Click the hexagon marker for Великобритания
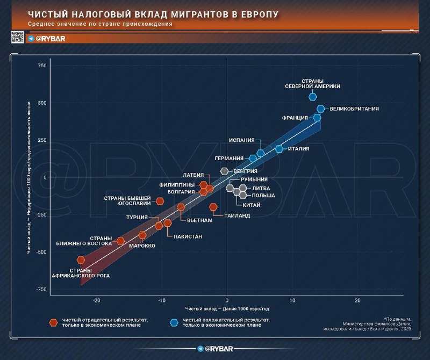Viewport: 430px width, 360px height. (x=321, y=109)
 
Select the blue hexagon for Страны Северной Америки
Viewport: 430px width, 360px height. (x=313, y=97)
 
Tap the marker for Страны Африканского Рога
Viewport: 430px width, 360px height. (x=81, y=260)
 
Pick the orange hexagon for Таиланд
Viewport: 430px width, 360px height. (x=213, y=207)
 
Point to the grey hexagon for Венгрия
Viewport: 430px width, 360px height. (x=225, y=171)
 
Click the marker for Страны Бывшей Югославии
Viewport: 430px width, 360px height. (x=160, y=201)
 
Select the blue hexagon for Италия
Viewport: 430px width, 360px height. (x=279, y=149)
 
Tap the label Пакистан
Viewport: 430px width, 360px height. (x=188, y=236)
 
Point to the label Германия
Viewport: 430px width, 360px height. (x=229, y=159)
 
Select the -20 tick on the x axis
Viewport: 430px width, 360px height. (x=97, y=300)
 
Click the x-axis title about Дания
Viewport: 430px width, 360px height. (x=227, y=308)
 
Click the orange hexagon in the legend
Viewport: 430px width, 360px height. (x=53, y=322)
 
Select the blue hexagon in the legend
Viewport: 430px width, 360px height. (x=174, y=322)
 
